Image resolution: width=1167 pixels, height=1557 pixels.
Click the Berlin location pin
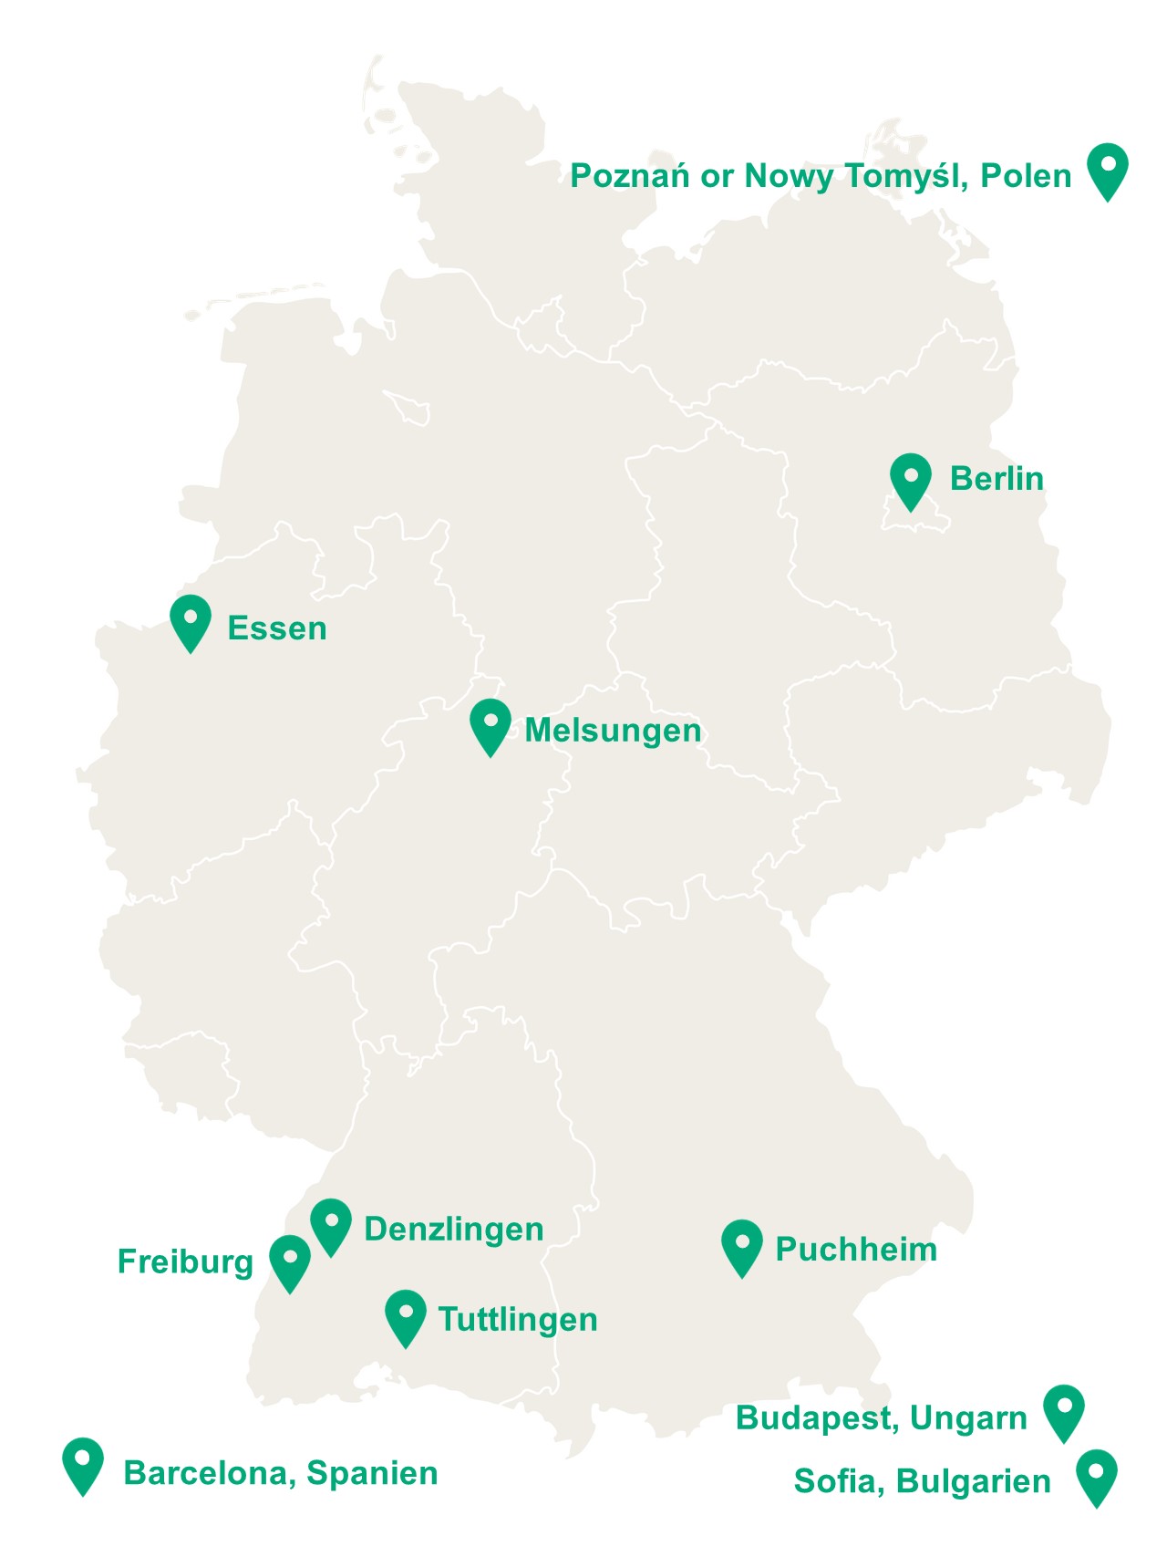[x=910, y=479]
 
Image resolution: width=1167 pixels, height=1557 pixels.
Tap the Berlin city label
[x=997, y=479]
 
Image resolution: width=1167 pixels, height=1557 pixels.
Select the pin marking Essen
[x=191, y=621]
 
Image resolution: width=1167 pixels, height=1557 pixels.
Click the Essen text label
[x=277, y=628]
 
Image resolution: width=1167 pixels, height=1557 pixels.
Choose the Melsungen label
[x=613, y=731]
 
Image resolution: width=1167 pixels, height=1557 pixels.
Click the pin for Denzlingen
[x=331, y=1224]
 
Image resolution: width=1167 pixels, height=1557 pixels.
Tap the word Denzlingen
[x=454, y=1230]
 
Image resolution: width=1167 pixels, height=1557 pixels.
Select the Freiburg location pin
[x=290, y=1261]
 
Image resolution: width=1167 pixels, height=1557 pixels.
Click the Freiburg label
[x=185, y=1262]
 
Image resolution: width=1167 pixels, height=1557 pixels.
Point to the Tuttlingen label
[x=518, y=1320]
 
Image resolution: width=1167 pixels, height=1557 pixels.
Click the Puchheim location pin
[x=742, y=1245]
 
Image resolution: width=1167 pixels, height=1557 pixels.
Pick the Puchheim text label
[x=856, y=1250]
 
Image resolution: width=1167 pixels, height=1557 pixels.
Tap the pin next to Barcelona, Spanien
[x=83, y=1463]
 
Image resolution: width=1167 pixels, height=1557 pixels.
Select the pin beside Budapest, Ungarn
[x=1063, y=1410]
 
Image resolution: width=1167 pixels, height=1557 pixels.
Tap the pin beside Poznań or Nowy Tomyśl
[x=1108, y=169]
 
